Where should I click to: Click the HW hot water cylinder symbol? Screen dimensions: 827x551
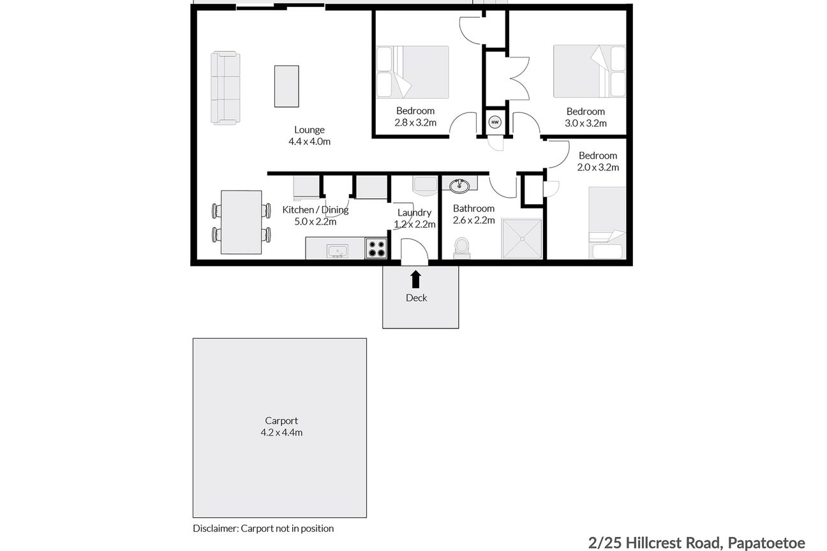point(495,122)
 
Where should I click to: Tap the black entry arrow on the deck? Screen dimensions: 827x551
point(415,279)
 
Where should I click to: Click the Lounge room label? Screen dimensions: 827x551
point(309,130)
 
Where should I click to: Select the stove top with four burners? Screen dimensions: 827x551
point(376,248)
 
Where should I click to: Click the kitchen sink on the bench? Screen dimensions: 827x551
point(338,251)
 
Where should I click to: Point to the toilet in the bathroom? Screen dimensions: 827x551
point(461,247)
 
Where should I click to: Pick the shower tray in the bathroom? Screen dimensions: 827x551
point(522,239)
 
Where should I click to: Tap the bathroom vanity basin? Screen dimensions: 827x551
point(459,186)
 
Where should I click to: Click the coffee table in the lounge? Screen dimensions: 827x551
point(287,86)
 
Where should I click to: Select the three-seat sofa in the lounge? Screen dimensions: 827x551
point(225,88)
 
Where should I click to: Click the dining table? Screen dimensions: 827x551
point(241,222)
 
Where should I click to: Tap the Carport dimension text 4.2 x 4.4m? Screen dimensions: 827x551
point(281,432)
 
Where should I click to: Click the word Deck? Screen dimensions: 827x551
point(417,298)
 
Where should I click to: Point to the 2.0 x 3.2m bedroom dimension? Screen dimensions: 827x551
point(598,168)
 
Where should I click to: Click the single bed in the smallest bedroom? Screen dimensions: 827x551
point(607,223)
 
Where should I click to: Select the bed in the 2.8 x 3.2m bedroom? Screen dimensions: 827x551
point(412,72)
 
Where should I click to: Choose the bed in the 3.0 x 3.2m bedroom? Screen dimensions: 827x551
point(590,71)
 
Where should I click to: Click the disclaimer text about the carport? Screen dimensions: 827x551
point(264,529)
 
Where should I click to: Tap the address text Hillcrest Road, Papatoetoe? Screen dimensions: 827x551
point(716,543)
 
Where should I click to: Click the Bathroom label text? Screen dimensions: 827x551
point(473,209)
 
